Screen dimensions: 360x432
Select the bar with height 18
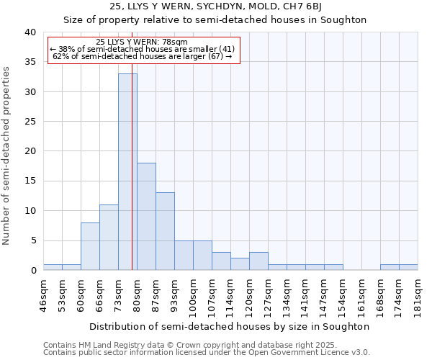146,216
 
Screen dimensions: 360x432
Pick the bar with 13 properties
165,231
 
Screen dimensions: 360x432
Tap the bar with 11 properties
109,237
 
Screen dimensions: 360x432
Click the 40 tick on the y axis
30,32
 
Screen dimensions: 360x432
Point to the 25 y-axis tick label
30,122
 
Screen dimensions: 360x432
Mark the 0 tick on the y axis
32,271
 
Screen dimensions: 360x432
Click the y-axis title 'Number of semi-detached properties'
7,156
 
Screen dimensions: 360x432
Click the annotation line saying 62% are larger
142,56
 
